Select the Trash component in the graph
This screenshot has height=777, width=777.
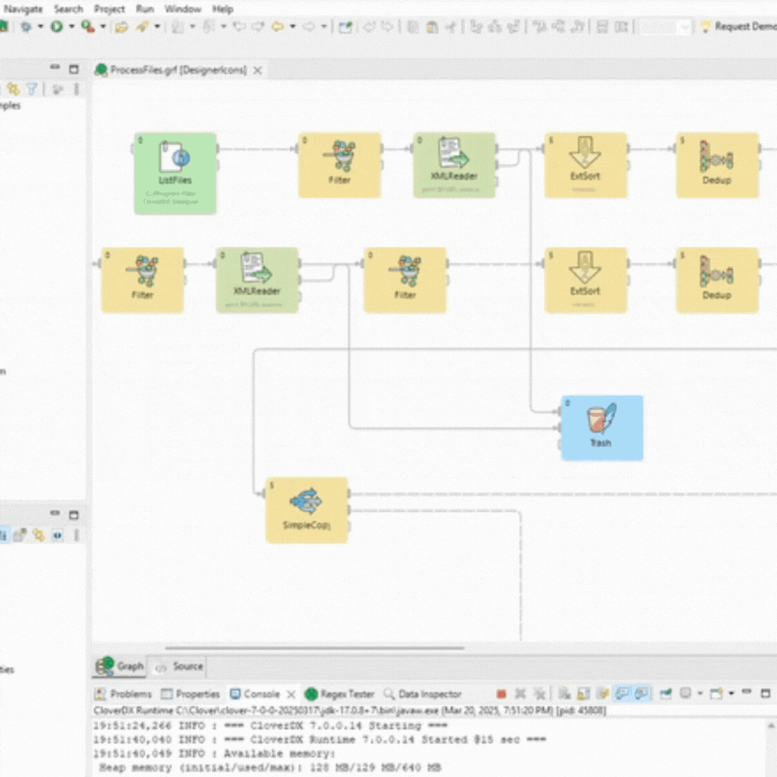click(x=602, y=427)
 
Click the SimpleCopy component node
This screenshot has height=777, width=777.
click(x=307, y=509)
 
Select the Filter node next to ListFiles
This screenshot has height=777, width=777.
click(x=339, y=165)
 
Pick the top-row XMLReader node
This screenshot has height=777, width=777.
click(x=454, y=165)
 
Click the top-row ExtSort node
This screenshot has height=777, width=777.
click(x=585, y=165)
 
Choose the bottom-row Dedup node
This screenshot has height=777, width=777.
click(x=717, y=280)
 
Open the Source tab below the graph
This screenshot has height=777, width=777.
click(x=187, y=666)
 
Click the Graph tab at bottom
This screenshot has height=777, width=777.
click(x=129, y=666)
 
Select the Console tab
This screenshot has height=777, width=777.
click(x=261, y=694)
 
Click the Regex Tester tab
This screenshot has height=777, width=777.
click(x=346, y=694)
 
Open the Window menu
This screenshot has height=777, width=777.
click(x=183, y=8)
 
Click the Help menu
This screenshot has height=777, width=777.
click(x=222, y=8)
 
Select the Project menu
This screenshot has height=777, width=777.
click(x=110, y=8)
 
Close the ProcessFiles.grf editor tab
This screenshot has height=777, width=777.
click(x=257, y=70)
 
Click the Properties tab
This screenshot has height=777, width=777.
click(x=197, y=694)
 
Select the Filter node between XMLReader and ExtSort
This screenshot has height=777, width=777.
click(x=405, y=280)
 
